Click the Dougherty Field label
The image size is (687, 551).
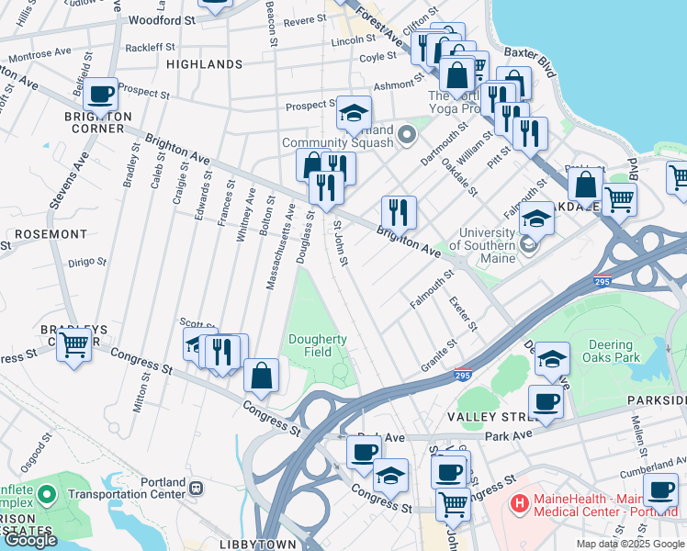click(318, 345)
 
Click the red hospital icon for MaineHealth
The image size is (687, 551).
click(520, 503)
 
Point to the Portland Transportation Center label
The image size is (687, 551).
click(170, 489)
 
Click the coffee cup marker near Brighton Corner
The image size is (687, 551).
click(100, 93)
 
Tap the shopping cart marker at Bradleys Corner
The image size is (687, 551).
click(73, 345)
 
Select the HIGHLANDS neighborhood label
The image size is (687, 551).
click(204, 64)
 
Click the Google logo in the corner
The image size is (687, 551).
click(30, 540)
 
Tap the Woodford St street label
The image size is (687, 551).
click(163, 18)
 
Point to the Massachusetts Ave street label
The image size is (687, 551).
click(279, 245)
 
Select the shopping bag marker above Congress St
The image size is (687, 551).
click(261, 374)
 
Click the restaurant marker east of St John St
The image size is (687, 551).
click(399, 211)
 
